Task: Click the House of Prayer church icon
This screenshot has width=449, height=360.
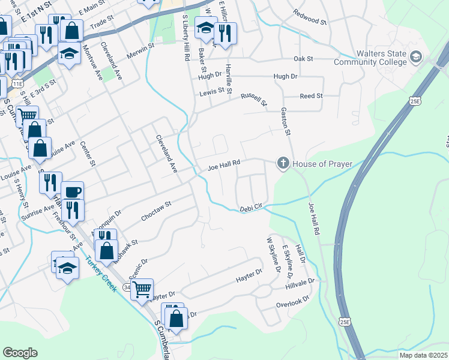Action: click(283, 163)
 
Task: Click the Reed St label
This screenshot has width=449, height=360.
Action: click(311, 96)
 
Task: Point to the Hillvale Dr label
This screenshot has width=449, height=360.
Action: click(300, 284)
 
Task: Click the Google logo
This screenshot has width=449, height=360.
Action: click(20, 353)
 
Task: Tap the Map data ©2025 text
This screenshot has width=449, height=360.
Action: click(423, 355)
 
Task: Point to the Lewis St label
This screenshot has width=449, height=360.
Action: click(212, 92)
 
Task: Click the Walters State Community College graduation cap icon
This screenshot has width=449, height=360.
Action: click(415, 57)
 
